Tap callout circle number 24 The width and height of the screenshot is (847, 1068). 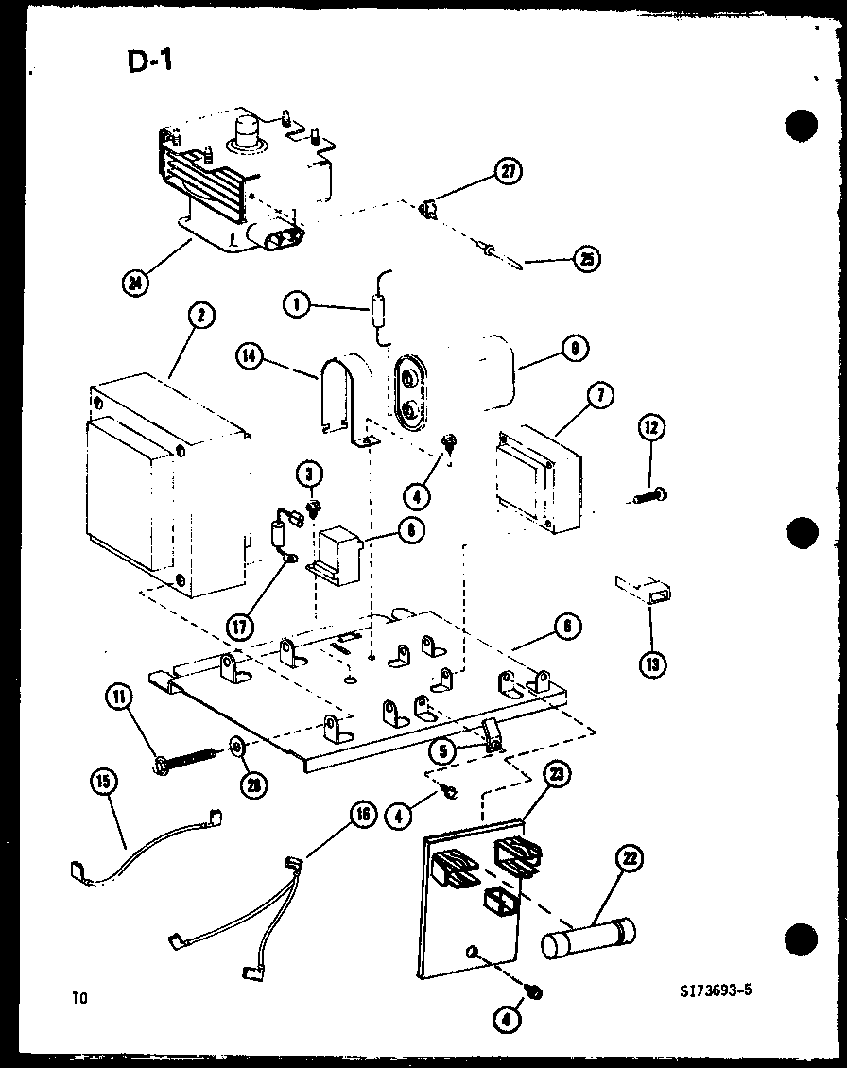[x=138, y=282]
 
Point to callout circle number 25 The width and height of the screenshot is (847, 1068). [x=588, y=258]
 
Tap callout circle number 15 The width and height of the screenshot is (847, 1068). [x=103, y=784]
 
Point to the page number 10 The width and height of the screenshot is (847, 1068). [x=78, y=996]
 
